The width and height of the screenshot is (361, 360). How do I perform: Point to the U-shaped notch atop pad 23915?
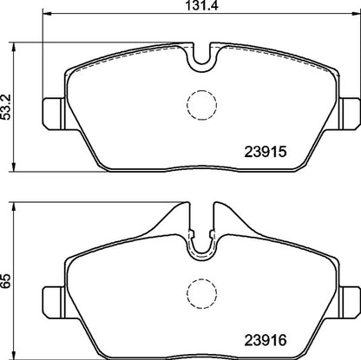(202, 62)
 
